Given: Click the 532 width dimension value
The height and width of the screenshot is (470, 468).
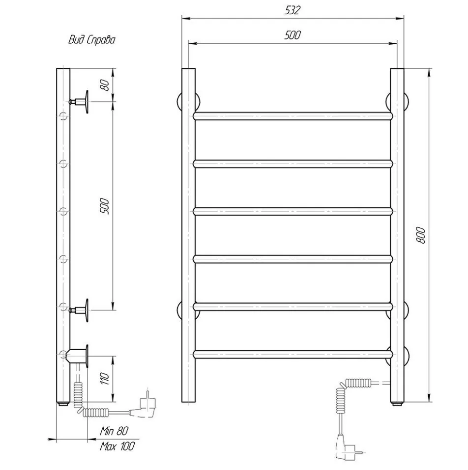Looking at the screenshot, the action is click(x=292, y=10).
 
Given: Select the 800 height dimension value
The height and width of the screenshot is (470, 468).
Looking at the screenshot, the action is click(x=421, y=235).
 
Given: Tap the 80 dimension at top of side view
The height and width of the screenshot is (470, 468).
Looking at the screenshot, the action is click(x=105, y=85).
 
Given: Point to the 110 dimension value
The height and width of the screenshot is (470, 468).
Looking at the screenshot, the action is click(x=105, y=379).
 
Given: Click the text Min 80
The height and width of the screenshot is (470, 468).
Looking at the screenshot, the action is click(x=114, y=431).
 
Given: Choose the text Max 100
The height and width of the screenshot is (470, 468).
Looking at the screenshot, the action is click(x=117, y=446).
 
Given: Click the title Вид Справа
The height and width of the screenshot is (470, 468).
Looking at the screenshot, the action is click(x=92, y=40).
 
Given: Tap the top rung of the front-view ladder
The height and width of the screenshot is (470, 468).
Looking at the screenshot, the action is click(x=293, y=116).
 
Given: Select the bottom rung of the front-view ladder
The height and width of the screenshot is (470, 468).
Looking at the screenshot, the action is click(x=293, y=355).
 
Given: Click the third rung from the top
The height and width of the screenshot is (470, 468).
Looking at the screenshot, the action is click(x=293, y=211).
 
